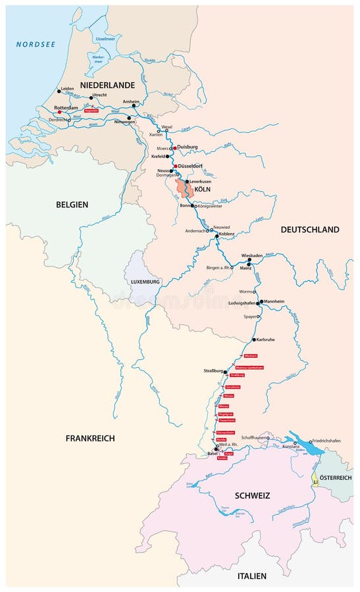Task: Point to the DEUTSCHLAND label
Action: coord(309,230)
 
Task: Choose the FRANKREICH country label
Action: coord(90,438)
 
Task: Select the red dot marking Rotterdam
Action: coord(60,112)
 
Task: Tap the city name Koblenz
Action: coord(231,234)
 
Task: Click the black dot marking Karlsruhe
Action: coord(254,339)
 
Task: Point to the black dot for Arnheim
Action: coord(134,106)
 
